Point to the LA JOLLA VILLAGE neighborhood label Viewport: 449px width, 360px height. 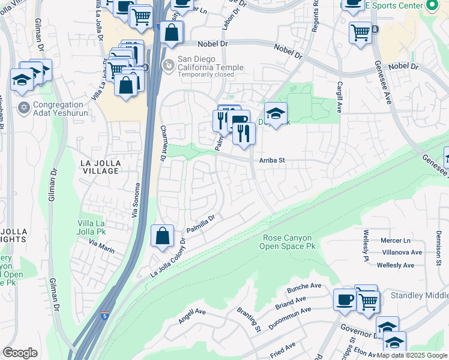point(100,166)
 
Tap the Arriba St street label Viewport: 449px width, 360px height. point(271,160)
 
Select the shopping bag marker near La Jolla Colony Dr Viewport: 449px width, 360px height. point(163,236)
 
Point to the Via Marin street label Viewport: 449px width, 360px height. point(101,244)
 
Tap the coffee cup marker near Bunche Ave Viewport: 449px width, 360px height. point(345,299)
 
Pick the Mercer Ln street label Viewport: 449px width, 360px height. point(396,240)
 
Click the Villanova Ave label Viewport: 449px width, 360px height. point(402,253)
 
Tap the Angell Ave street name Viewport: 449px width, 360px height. point(192,316)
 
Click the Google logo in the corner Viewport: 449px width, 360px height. point(20,353)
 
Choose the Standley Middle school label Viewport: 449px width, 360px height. point(420,295)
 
